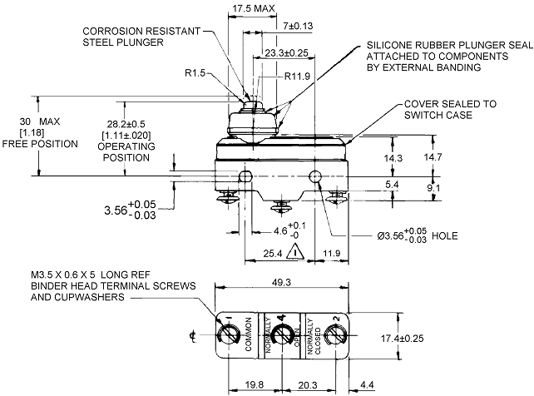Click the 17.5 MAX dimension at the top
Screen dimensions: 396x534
(252, 8)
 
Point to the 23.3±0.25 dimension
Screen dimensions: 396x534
(287, 52)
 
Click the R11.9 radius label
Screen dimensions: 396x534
(299, 77)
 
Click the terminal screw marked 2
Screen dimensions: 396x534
(334, 335)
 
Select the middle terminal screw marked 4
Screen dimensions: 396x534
(283, 335)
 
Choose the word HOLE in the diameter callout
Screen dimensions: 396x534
(445, 236)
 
